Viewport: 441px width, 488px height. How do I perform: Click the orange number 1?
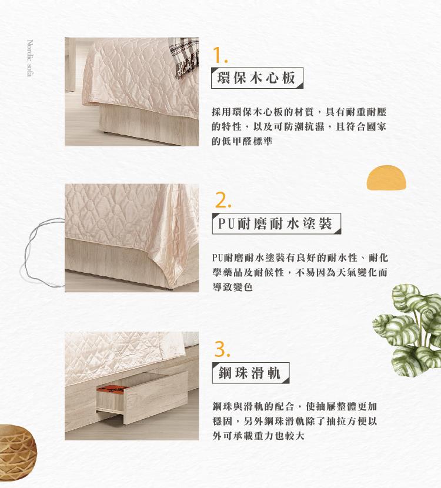click(220, 56)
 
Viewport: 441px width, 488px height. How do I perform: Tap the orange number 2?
click(223, 200)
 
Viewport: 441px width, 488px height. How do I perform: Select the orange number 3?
click(222, 349)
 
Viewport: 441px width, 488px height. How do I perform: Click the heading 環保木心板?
click(257, 78)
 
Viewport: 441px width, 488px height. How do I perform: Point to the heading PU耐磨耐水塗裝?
click(276, 223)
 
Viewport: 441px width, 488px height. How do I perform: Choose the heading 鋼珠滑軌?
click(250, 373)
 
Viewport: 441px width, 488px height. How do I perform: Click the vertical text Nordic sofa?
click(30, 58)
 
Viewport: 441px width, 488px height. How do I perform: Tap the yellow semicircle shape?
click(386, 178)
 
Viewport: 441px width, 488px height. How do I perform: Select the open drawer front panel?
click(156, 397)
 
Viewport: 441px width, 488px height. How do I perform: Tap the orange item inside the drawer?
click(111, 389)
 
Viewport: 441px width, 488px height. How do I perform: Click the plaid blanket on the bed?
click(186, 58)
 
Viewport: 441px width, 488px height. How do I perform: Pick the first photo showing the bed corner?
click(132, 92)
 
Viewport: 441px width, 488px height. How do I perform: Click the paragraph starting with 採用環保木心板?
click(299, 126)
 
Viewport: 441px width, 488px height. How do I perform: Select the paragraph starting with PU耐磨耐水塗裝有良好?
click(300, 272)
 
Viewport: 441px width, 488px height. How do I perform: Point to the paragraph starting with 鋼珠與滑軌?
click(295, 421)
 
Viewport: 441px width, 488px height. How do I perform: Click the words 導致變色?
click(232, 287)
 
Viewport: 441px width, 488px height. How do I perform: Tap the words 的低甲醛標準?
click(242, 141)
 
